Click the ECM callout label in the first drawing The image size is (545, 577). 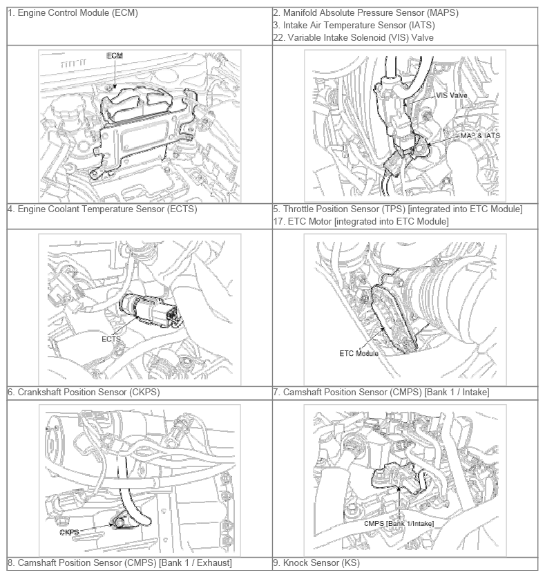click(115, 56)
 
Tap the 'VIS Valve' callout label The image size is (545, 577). click(451, 95)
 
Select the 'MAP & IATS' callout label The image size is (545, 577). click(480, 136)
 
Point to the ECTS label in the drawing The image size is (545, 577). click(111, 339)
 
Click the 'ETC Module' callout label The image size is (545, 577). click(358, 353)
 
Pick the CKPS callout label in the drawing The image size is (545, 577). click(69, 532)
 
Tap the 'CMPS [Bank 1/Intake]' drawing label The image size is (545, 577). click(399, 523)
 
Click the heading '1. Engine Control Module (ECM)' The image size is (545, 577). click(73, 13)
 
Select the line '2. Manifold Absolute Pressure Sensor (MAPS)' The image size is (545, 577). click(365, 13)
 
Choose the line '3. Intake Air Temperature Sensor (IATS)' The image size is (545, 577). click(354, 26)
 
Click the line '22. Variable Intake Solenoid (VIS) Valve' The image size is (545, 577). click(353, 37)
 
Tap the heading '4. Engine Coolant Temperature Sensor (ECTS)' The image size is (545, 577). click(102, 209)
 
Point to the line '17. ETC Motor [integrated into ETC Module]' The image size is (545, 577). click(361, 222)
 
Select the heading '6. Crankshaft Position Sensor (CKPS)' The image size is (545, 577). click(84, 392)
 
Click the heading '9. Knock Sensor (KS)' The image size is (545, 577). click(316, 563)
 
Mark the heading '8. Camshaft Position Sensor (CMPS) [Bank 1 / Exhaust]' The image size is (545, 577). click(120, 563)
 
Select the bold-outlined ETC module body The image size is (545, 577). click(394, 319)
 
